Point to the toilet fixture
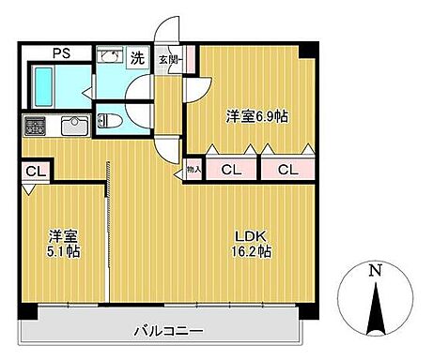click(110, 120)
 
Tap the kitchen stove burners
click(35, 124)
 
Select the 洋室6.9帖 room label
click(256, 116)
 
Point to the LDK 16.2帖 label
click(253, 243)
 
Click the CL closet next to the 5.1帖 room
click(35, 171)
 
